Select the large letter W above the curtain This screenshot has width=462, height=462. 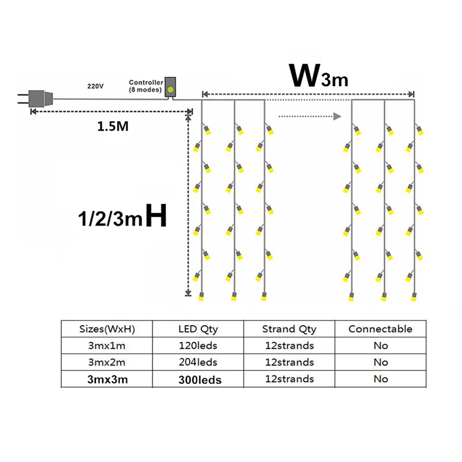click(304, 75)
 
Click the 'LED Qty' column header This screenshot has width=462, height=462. click(198, 329)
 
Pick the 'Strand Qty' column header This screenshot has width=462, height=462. click(289, 329)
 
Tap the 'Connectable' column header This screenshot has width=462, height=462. click(381, 329)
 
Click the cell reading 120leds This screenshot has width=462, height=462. click(198, 346)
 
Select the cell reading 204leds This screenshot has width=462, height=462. click(198, 363)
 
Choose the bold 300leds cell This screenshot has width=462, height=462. click(198, 379)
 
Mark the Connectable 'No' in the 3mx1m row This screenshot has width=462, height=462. click(381, 346)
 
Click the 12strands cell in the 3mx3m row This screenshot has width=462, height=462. click(289, 379)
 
